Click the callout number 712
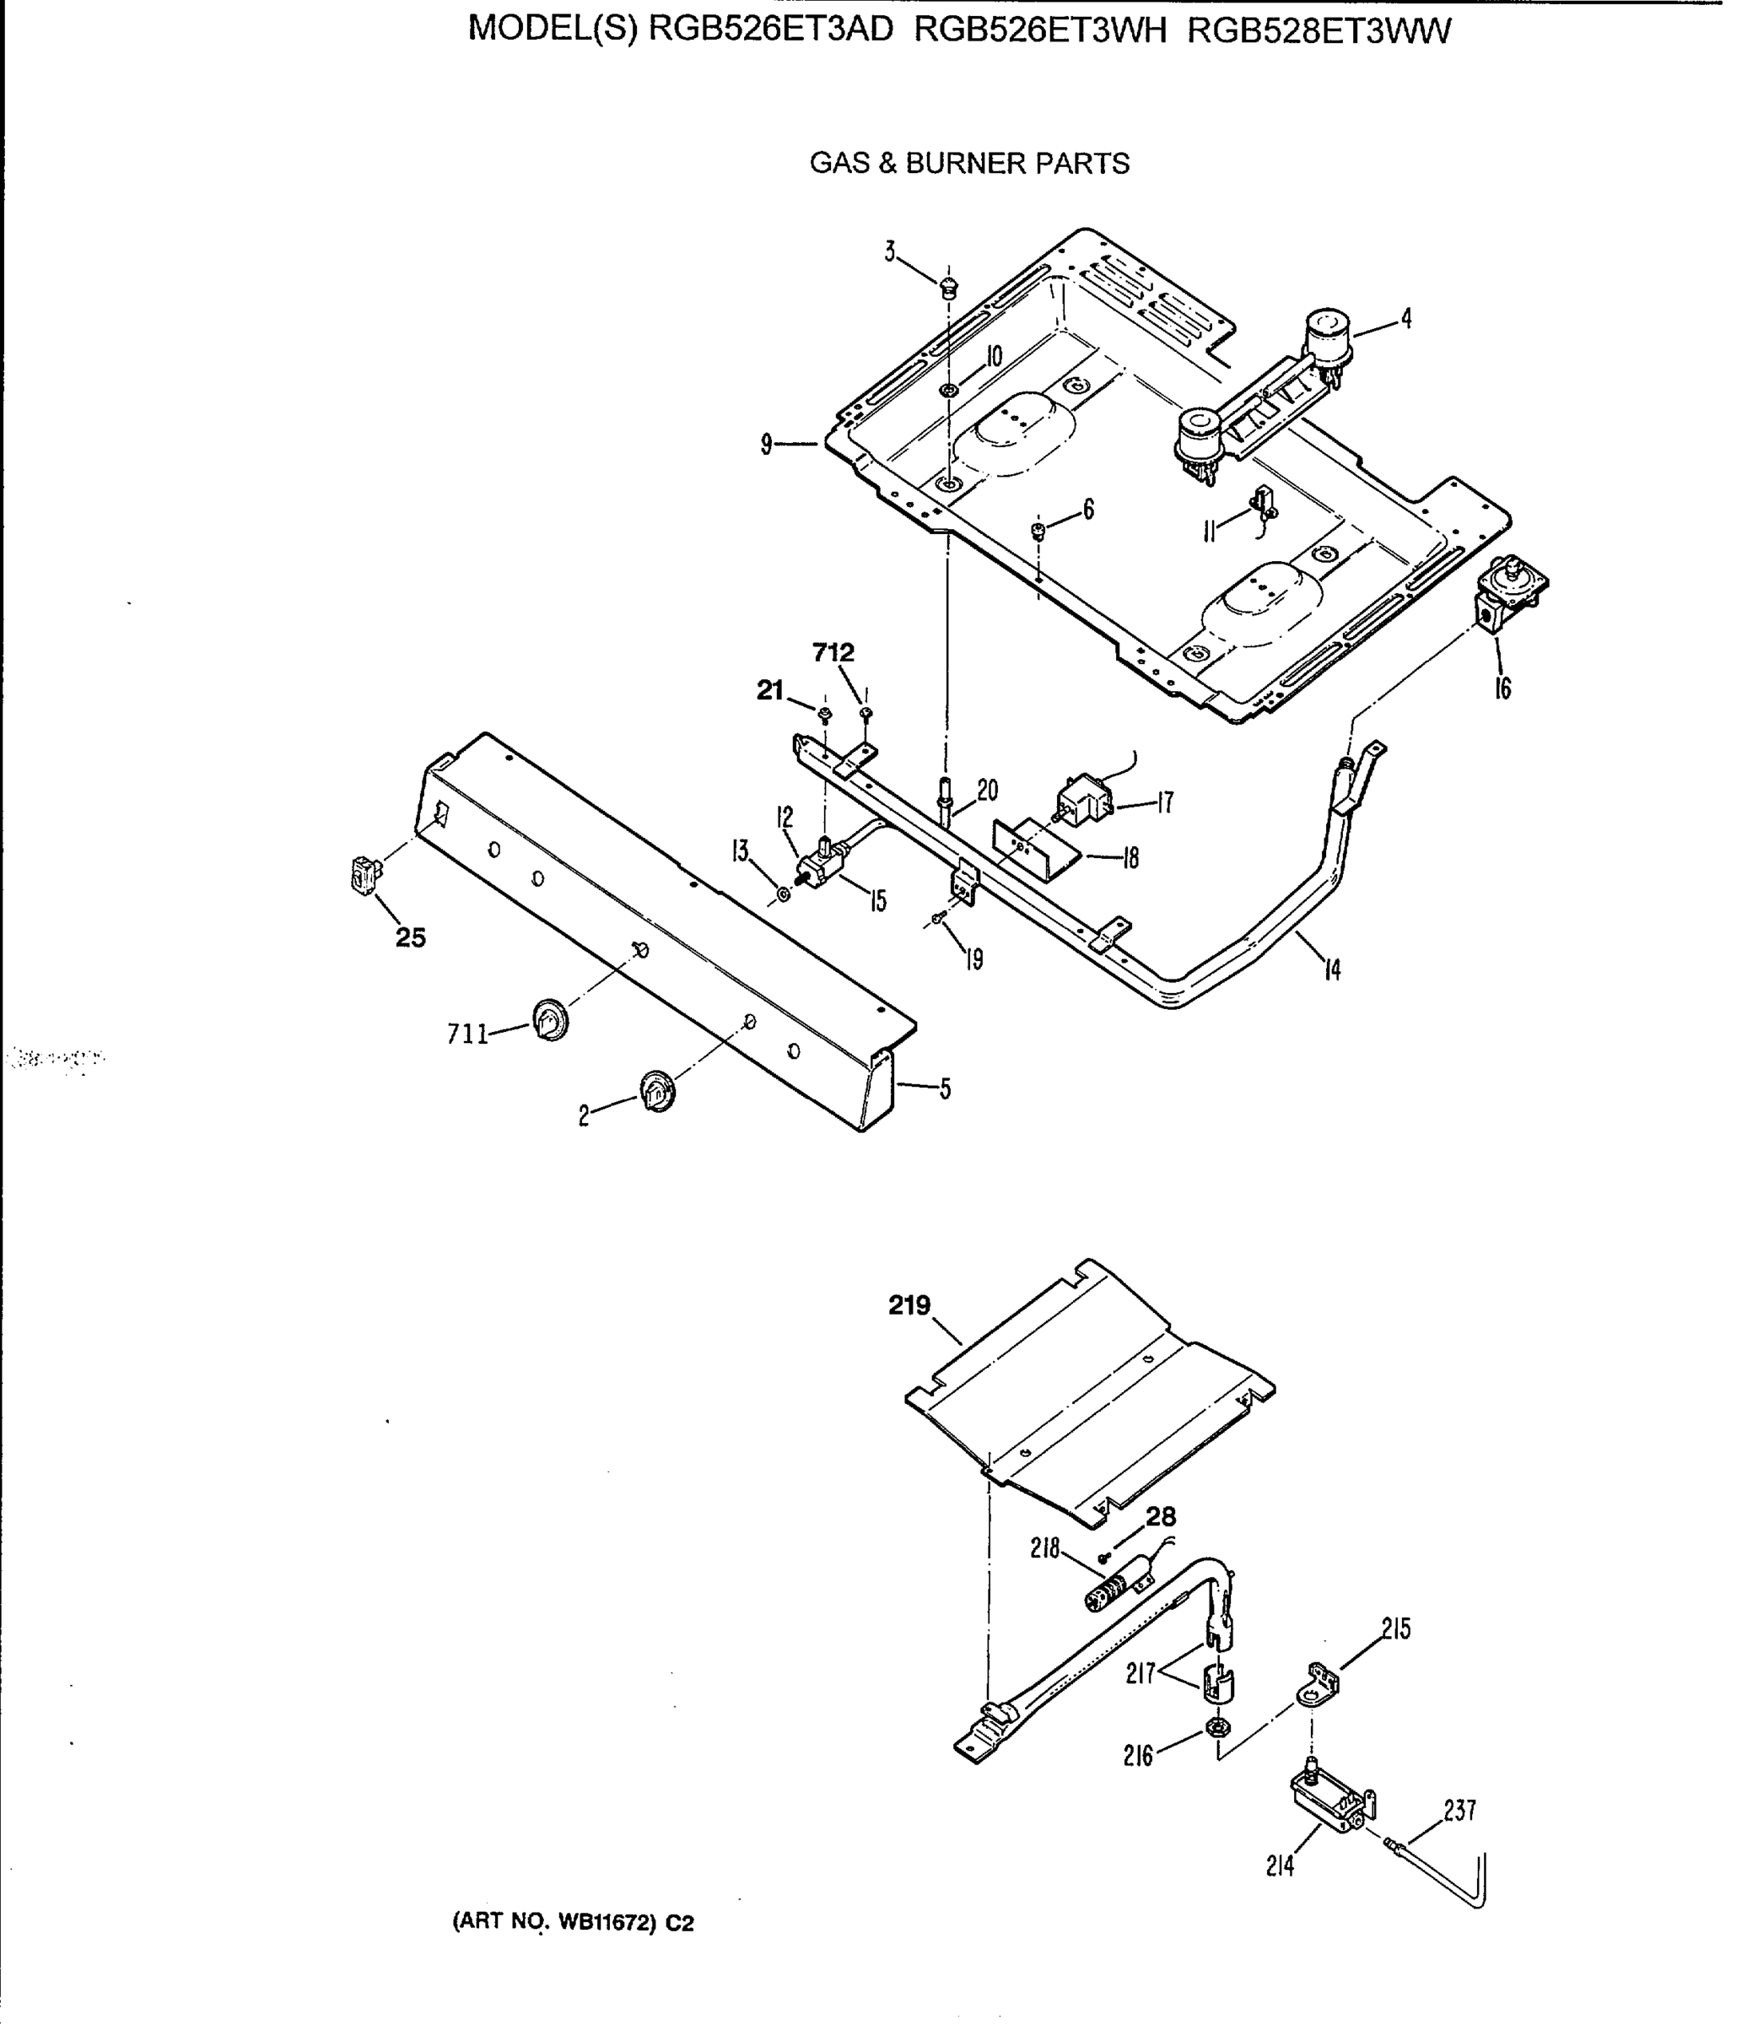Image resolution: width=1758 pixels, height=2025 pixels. [x=833, y=652]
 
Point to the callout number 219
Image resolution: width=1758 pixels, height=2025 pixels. [x=909, y=1306]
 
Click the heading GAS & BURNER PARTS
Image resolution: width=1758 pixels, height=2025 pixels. [x=969, y=163]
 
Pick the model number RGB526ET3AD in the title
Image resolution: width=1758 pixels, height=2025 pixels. [x=772, y=31]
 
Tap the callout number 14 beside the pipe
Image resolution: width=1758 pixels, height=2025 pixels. [x=1331, y=970]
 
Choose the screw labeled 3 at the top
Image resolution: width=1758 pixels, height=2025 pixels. [x=947, y=289]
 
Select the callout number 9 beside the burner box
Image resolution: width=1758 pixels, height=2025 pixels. [x=766, y=445]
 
